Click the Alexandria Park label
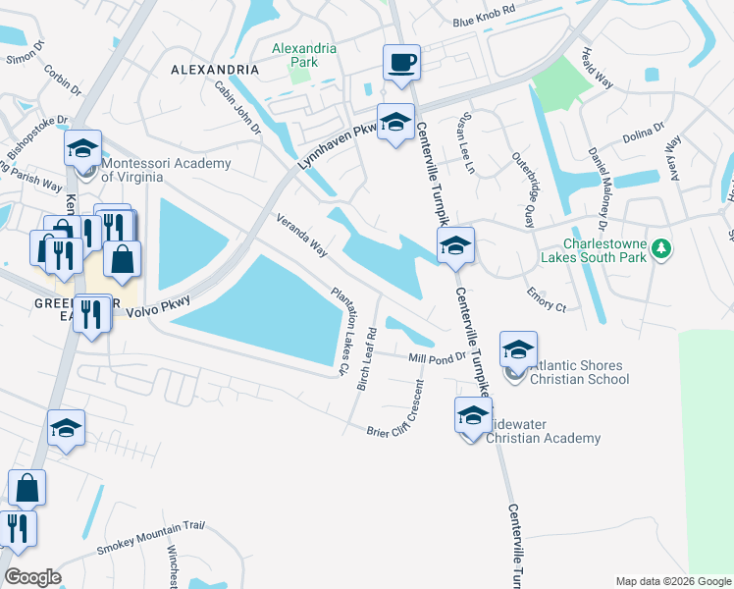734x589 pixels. (x=303, y=55)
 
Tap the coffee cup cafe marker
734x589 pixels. (x=401, y=64)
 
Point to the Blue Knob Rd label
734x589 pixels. (x=484, y=22)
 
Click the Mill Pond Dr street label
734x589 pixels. (x=436, y=358)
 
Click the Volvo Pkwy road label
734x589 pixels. (x=157, y=305)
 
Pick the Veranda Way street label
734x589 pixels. (x=301, y=234)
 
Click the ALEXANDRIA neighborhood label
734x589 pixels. (x=215, y=71)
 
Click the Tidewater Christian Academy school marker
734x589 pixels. (x=473, y=415)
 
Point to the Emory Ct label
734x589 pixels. (x=547, y=298)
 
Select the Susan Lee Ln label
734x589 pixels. (x=462, y=143)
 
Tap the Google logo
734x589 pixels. (x=31, y=577)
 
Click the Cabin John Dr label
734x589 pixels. (x=237, y=107)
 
